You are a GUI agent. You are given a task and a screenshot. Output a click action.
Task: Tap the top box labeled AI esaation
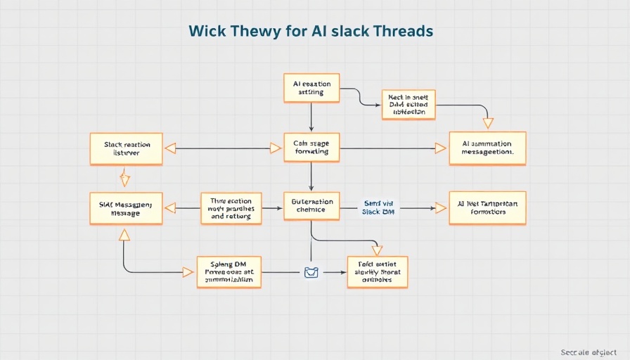(x=311, y=88)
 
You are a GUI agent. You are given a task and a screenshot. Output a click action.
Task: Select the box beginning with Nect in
(x=408, y=105)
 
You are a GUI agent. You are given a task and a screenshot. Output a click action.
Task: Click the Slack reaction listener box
(x=127, y=148)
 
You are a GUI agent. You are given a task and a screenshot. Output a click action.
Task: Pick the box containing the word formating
(x=311, y=148)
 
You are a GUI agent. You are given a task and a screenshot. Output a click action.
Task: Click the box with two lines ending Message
(x=127, y=208)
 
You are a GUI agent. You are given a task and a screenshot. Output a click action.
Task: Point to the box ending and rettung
(x=231, y=208)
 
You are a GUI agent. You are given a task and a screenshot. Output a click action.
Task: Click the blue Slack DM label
(x=379, y=207)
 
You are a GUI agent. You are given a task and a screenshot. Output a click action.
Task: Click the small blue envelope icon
(x=311, y=272)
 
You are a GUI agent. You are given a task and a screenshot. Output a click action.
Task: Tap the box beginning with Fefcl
(x=378, y=271)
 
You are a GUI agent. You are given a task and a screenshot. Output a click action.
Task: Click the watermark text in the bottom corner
(x=589, y=352)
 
